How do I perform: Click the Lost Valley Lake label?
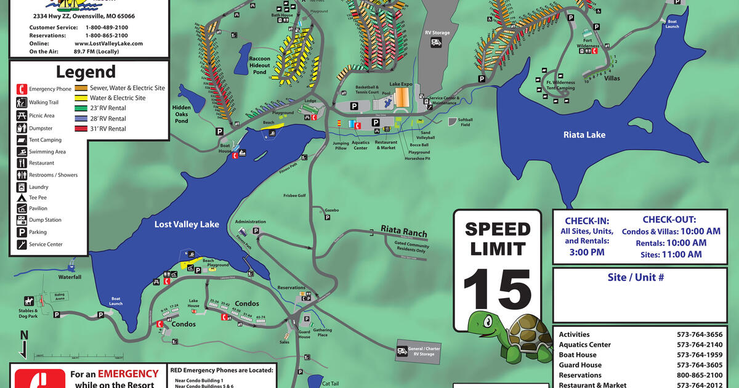pyautogui.click(x=187, y=224)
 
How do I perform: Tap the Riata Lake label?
pyautogui.click(x=584, y=134)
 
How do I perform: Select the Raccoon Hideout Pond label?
pyautogui.click(x=259, y=65)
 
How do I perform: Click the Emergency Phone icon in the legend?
pyautogui.click(x=22, y=89)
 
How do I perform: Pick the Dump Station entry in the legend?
pyautogui.click(x=45, y=220)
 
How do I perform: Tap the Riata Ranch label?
pyautogui.click(x=403, y=232)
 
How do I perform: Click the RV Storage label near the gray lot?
pyautogui.click(x=437, y=33)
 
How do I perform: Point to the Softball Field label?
pyautogui.click(x=465, y=123)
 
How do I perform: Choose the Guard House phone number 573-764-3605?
pyautogui.click(x=700, y=365)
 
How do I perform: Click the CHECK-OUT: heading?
pyautogui.click(x=669, y=219)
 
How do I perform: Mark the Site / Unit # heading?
pyautogui.click(x=636, y=277)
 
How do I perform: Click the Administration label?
pyautogui.click(x=250, y=222)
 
